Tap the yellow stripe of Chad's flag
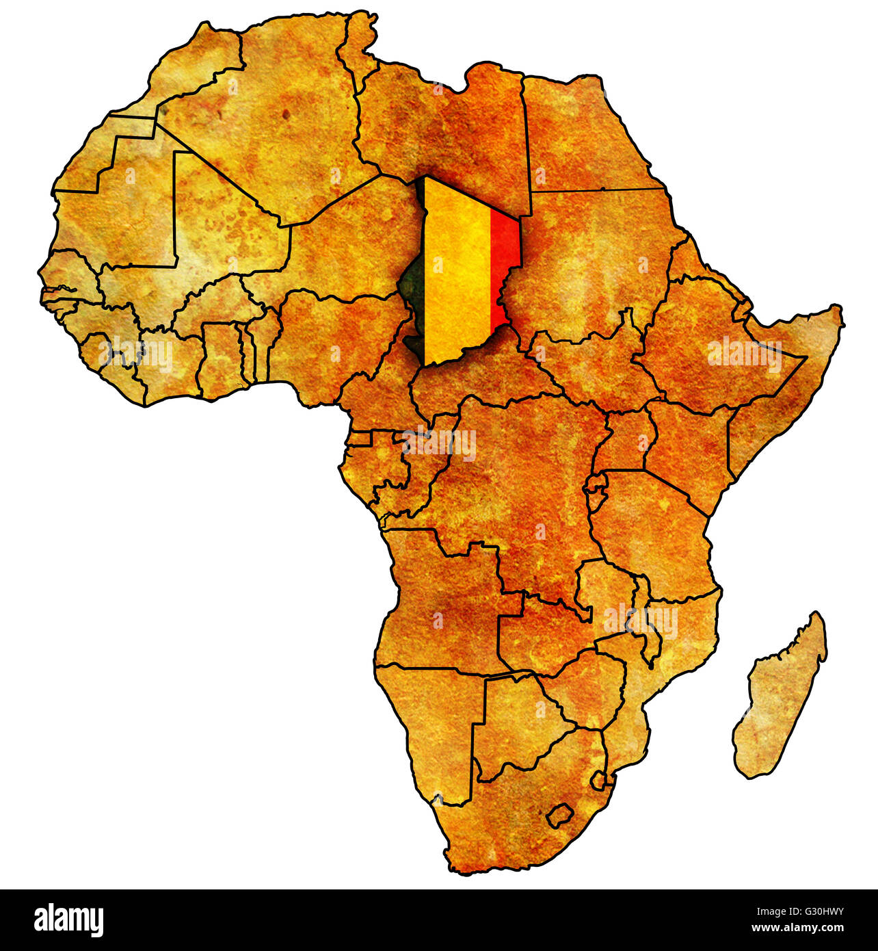[x=457, y=274]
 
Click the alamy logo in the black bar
[x=68, y=920]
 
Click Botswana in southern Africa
[x=520, y=725]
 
